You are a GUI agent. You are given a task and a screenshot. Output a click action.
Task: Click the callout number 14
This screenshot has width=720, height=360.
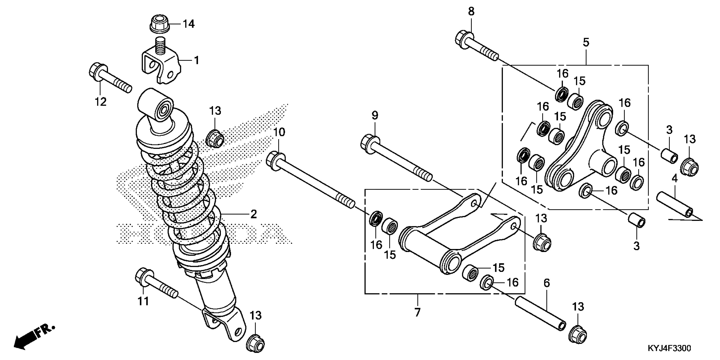pyautogui.click(x=189, y=24)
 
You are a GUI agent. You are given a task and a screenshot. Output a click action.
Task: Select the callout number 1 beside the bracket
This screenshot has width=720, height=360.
pyautogui.click(x=197, y=60)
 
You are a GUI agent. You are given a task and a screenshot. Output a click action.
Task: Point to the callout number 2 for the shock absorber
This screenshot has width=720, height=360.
pyautogui.click(x=253, y=214)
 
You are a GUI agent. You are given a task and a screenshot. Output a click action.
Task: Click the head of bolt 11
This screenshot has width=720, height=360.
pyautogui.click(x=143, y=275)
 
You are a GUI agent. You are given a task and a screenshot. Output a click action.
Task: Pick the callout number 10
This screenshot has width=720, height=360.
pyautogui.click(x=279, y=132)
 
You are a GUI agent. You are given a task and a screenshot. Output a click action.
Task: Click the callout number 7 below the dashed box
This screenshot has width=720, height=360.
pyautogui.click(x=417, y=312)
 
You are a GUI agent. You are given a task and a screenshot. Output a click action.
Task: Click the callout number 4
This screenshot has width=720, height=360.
pyautogui.click(x=674, y=178)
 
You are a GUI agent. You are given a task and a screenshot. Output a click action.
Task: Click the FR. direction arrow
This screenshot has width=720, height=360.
pyautogui.click(x=33, y=338)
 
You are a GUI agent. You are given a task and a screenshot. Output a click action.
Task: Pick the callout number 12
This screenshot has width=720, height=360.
pyautogui.click(x=101, y=102)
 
